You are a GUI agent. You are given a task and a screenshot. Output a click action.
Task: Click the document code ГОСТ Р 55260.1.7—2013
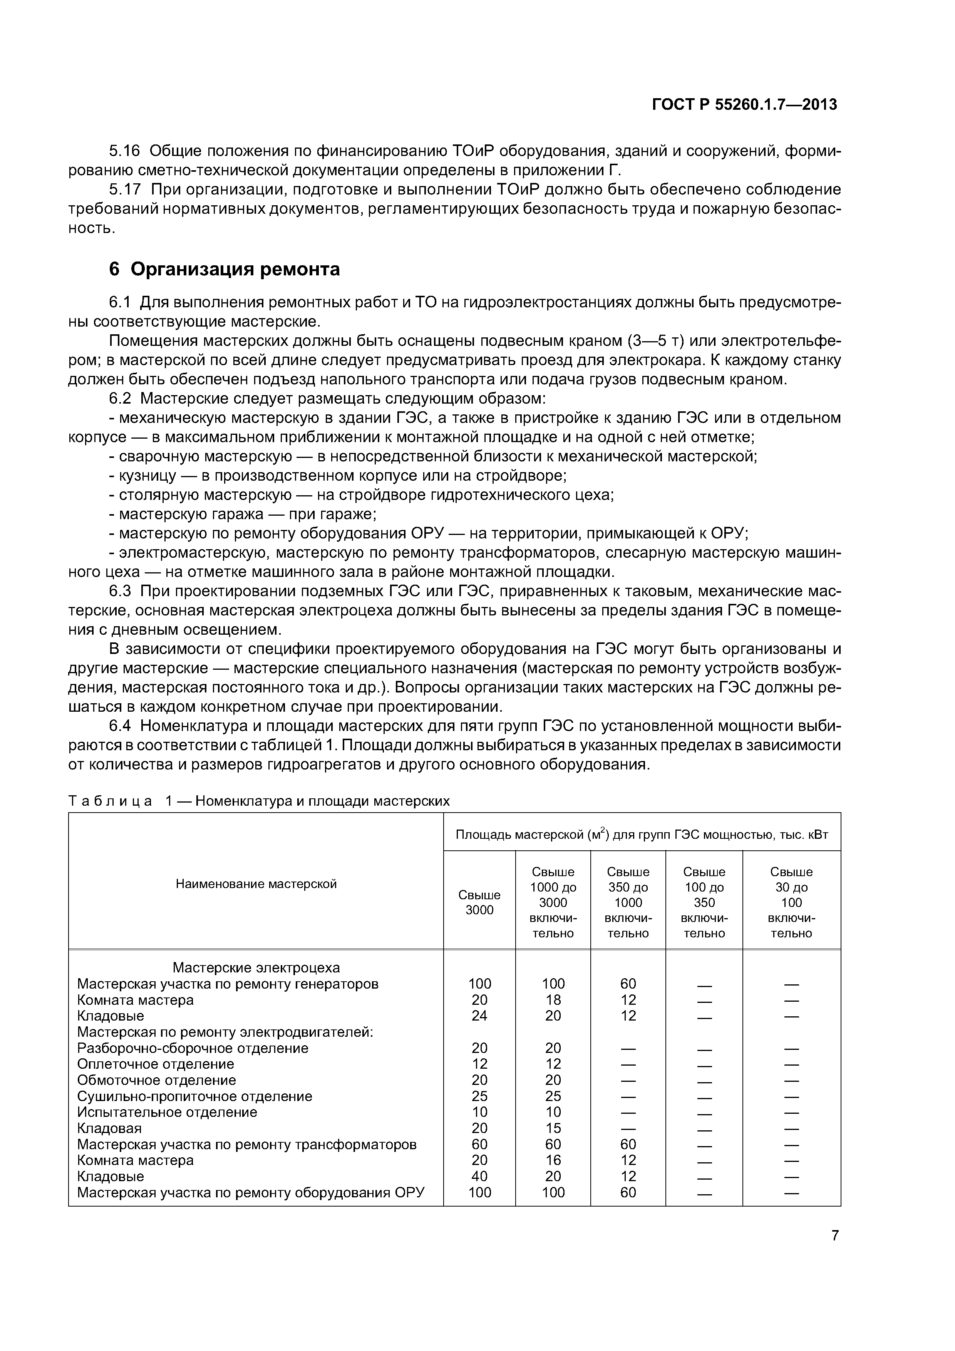(744, 105)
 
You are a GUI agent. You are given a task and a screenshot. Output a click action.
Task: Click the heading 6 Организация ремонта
(225, 269)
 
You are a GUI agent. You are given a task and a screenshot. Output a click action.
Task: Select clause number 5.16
(125, 151)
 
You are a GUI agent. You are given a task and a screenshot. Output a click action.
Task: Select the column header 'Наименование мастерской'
(256, 884)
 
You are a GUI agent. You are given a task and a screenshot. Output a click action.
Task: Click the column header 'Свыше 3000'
(479, 902)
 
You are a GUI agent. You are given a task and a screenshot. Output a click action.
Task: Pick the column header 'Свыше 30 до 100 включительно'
(791, 902)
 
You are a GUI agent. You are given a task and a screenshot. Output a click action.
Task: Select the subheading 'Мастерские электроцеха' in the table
(256, 968)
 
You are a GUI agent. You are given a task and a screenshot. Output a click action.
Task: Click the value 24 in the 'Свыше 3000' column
(479, 1016)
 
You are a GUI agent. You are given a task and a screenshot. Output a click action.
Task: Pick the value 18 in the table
(553, 1000)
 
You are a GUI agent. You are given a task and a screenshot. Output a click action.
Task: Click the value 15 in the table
(553, 1128)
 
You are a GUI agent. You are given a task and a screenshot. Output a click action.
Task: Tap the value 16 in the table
(553, 1160)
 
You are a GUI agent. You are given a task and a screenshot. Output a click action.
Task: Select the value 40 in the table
(479, 1176)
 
